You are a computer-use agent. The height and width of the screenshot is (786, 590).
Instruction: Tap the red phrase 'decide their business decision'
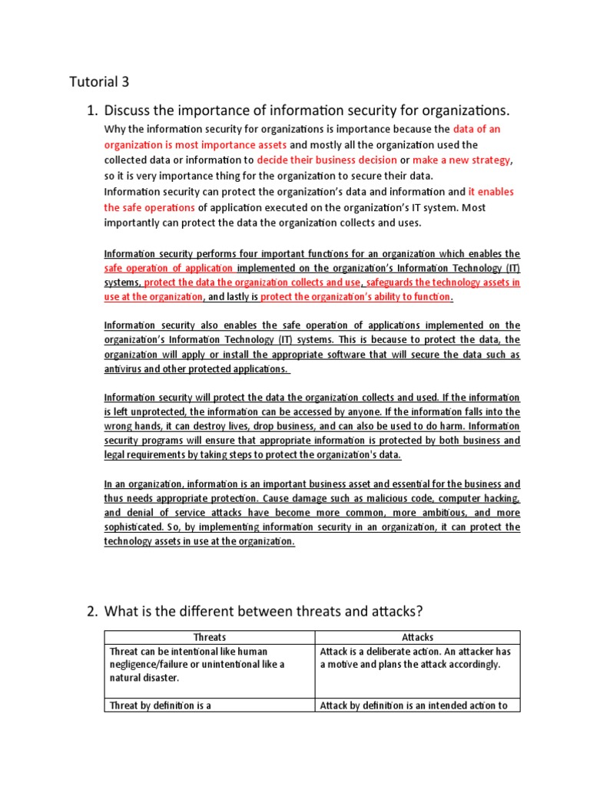pos(326,160)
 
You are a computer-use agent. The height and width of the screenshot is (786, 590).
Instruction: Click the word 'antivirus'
pos(125,368)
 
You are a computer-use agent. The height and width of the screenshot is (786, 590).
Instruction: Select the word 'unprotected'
pos(147,411)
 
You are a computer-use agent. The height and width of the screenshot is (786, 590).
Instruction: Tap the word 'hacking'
pos(500,498)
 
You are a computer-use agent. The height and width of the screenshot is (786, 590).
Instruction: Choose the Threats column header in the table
pos(210,637)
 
